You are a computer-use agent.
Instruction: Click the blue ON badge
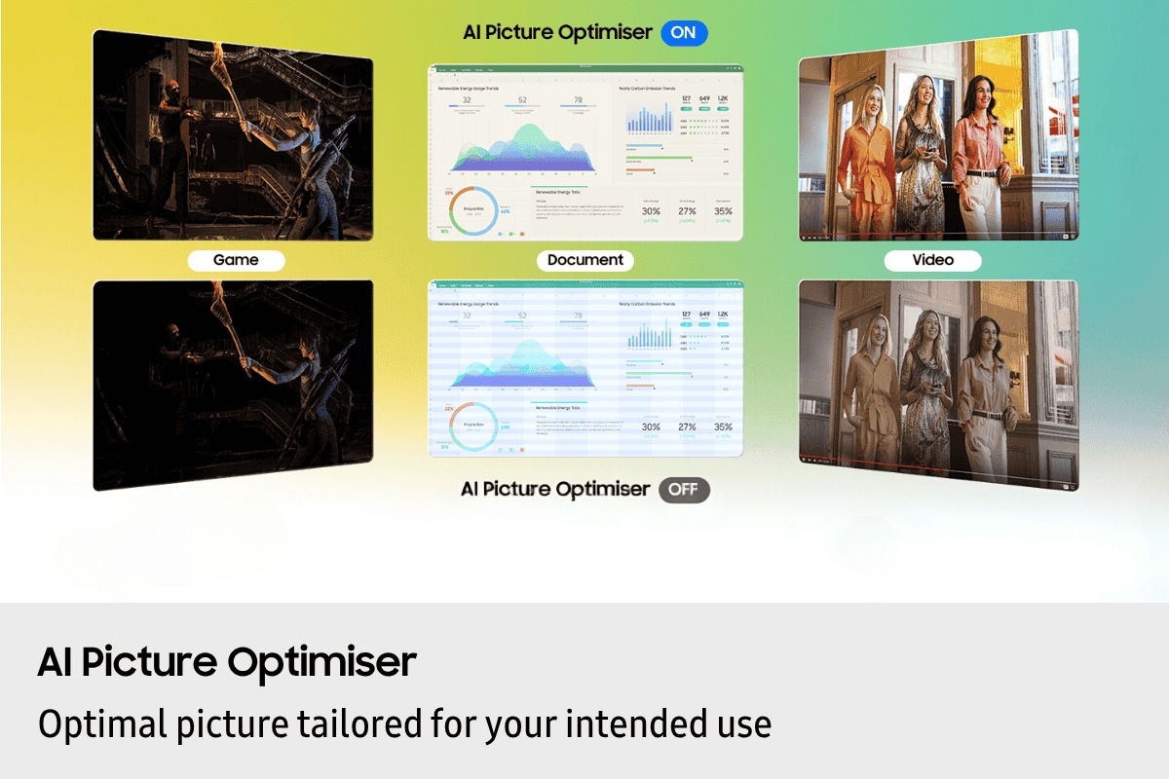(684, 32)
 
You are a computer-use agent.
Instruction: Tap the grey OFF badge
(684, 489)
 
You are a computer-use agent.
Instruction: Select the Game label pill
(236, 260)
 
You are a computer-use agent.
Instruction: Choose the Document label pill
(585, 260)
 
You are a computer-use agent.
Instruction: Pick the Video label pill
(932, 260)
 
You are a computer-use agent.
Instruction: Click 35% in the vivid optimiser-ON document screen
(723, 210)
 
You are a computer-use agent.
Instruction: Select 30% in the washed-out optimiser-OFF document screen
(651, 427)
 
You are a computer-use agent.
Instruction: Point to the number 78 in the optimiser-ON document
(578, 99)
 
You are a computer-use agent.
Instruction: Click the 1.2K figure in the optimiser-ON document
(724, 98)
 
